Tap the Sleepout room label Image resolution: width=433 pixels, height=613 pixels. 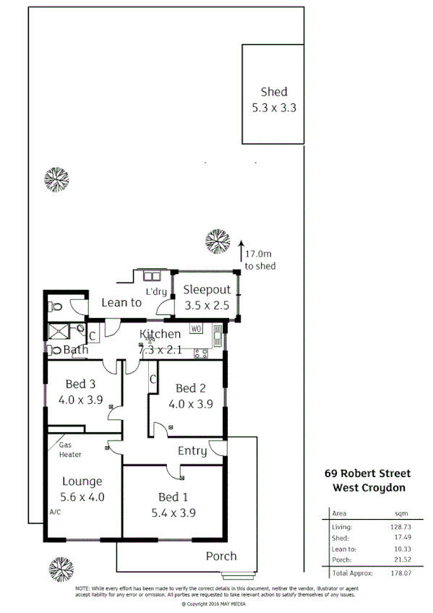pyautogui.click(x=206, y=297)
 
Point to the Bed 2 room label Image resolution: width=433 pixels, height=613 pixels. pyautogui.click(x=194, y=396)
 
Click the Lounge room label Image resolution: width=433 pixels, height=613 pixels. pyautogui.click(x=82, y=489)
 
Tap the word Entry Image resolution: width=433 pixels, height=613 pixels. pyautogui.click(x=193, y=451)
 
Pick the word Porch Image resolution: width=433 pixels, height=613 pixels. pyautogui.click(x=221, y=556)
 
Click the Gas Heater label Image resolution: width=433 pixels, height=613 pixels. pyautogui.click(x=70, y=450)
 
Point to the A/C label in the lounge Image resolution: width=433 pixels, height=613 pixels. pyautogui.click(x=56, y=512)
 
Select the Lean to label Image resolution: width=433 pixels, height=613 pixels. pyautogui.click(x=121, y=303)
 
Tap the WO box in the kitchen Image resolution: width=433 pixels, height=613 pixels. pyautogui.click(x=197, y=329)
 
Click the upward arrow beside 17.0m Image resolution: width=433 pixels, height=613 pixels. pyautogui.click(x=241, y=249)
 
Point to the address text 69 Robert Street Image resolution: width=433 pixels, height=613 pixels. pyautogui.click(x=366, y=474)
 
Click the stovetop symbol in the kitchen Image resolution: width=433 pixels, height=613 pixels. pyautogui.click(x=201, y=353)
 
